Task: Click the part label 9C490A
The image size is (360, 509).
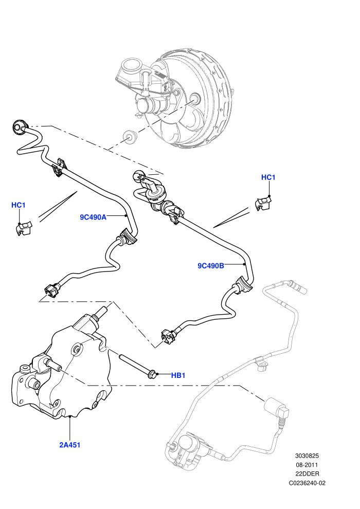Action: coord(93,217)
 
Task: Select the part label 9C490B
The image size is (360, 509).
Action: coord(211,265)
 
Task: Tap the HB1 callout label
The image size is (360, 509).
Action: coord(178,375)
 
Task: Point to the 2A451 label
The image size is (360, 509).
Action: coord(70,445)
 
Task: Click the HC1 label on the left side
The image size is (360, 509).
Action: coord(18,205)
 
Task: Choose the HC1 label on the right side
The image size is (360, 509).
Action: coord(268,177)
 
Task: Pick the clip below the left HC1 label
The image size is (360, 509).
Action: coord(23,228)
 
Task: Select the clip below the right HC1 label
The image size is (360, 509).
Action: coord(263,203)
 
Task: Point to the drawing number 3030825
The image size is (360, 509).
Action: coord(307,456)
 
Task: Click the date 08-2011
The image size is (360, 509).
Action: coord(307,465)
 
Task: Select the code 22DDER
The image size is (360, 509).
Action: coord(307,474)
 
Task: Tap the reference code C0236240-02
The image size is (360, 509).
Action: coord(307,483)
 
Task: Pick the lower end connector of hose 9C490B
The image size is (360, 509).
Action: coord(169,336)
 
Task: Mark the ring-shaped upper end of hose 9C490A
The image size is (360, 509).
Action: coord(20,127)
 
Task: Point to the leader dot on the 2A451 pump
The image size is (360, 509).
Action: coord(70,416)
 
